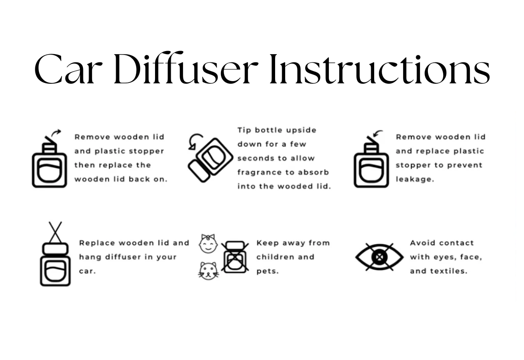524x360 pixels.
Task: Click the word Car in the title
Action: [70, 70]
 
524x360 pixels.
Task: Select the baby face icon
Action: [208, 243]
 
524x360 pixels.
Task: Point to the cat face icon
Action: [208, 271]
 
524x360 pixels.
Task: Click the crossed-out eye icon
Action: [379, 257]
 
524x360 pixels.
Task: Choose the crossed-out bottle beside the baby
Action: [235, 257]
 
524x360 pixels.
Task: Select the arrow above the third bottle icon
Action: [377, 133]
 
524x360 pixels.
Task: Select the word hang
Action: [89, 257]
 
